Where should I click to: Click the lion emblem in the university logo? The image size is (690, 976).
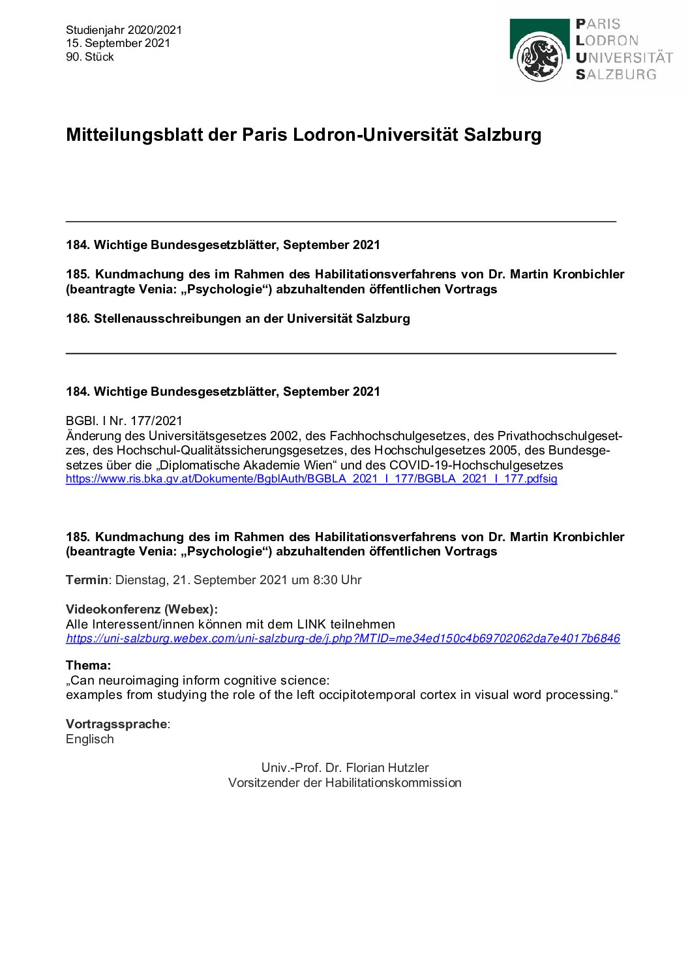(x=539, y=57)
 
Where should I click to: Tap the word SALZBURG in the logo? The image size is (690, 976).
(x=616, y=74)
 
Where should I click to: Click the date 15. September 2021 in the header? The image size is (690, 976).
(x=118, y=43)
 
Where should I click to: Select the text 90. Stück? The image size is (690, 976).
(x=90, y=57)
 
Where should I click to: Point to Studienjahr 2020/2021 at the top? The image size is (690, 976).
(x=124, y=30)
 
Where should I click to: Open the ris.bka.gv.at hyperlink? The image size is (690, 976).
(x=311, y=479)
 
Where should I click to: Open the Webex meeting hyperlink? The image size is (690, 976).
(x=342, y=638)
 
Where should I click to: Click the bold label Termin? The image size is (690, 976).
(x=87, y=580)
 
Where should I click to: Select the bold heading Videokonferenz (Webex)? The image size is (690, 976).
(x=142, y=609)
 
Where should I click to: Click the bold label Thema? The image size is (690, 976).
(x=88, y=665)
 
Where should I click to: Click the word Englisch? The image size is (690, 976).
(x=90, y=739)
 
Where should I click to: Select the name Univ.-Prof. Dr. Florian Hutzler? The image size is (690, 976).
(x=345, y=767)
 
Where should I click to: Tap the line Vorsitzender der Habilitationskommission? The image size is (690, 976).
(x=345, y=782)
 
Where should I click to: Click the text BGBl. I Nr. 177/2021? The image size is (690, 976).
(x=124, y=421)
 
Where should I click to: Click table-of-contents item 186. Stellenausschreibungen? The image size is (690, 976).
(x=238, y=318)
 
